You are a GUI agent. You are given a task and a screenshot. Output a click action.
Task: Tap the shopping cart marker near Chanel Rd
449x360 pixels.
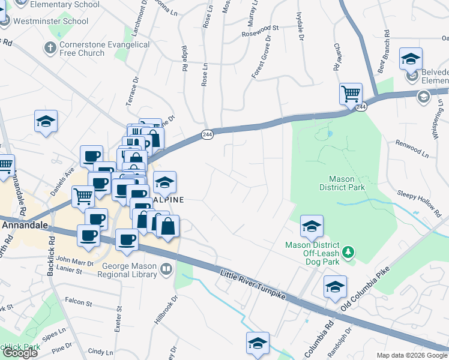[x=350, y=94]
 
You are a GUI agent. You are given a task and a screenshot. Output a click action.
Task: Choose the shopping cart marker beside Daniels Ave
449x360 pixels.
[x=83, y=196]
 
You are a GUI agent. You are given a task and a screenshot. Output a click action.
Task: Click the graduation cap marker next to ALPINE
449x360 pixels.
[x=164, y=181]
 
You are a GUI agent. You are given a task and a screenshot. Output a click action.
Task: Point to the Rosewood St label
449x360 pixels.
[x=260, y=28]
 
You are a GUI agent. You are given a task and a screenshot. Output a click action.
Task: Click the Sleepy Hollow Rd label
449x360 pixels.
[x=419, y=202]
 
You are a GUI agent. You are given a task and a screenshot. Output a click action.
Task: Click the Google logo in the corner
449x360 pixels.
[x=20, y=353]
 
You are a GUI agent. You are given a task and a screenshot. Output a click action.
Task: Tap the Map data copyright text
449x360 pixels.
[x=412, y=355]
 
